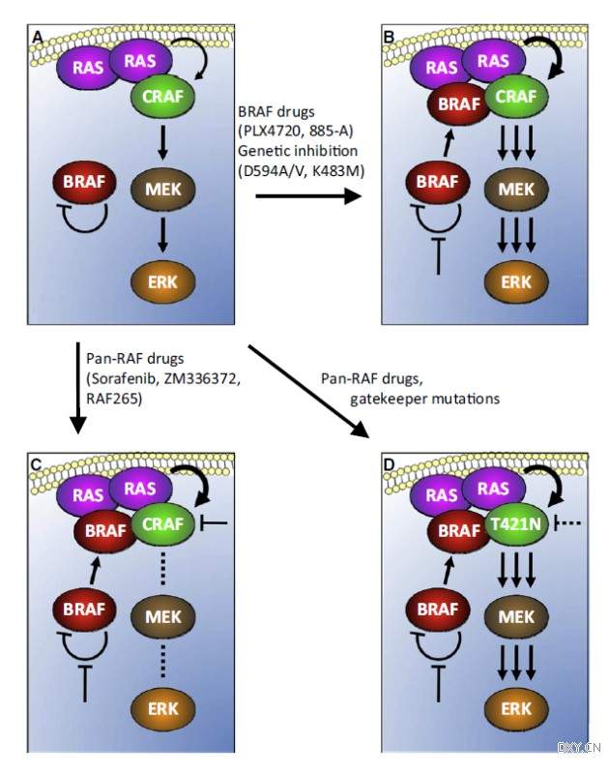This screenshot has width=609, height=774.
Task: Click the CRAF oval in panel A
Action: (168, 97)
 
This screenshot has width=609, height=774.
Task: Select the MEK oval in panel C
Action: (160, 614)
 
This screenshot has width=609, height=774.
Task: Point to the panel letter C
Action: (37, 466)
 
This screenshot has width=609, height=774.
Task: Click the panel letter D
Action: (390, 466)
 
